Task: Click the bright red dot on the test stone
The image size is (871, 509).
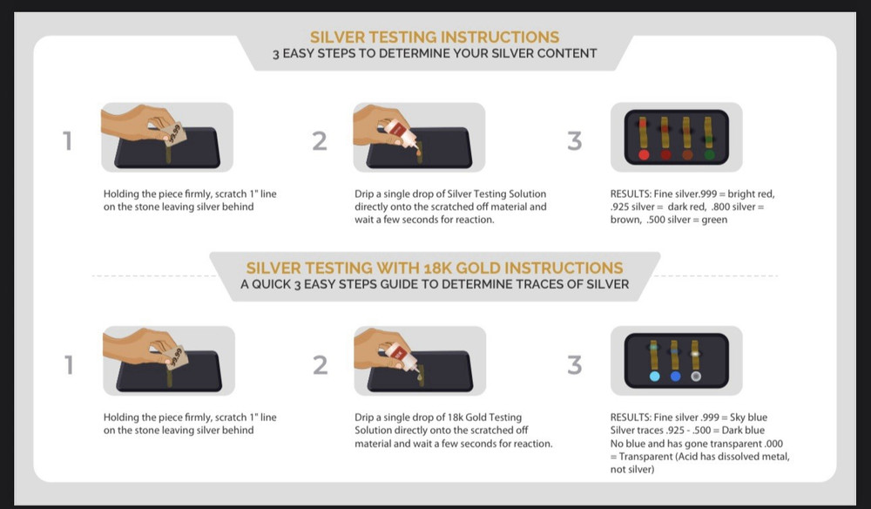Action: (x=644, y=154)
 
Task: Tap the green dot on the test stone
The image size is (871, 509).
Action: (x=709, y=154)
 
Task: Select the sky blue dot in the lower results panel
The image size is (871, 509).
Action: (x=654, y=377)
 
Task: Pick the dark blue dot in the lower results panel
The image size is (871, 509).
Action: (x=675, y=377)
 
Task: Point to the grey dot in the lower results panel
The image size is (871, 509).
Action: (x=695, y=377)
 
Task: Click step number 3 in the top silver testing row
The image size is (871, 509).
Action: (x=575, y=141)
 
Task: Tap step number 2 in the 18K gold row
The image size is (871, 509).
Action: (x=320, y=365)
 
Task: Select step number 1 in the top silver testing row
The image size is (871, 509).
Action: (x=67, y=141)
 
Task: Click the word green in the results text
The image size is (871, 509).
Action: (x=714, y=220)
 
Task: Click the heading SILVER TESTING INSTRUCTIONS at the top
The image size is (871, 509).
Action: (x=435, y=37)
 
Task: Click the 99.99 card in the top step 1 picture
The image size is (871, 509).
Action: (x=174, y=134)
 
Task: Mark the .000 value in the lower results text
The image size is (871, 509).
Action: (x=773, y=444)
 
